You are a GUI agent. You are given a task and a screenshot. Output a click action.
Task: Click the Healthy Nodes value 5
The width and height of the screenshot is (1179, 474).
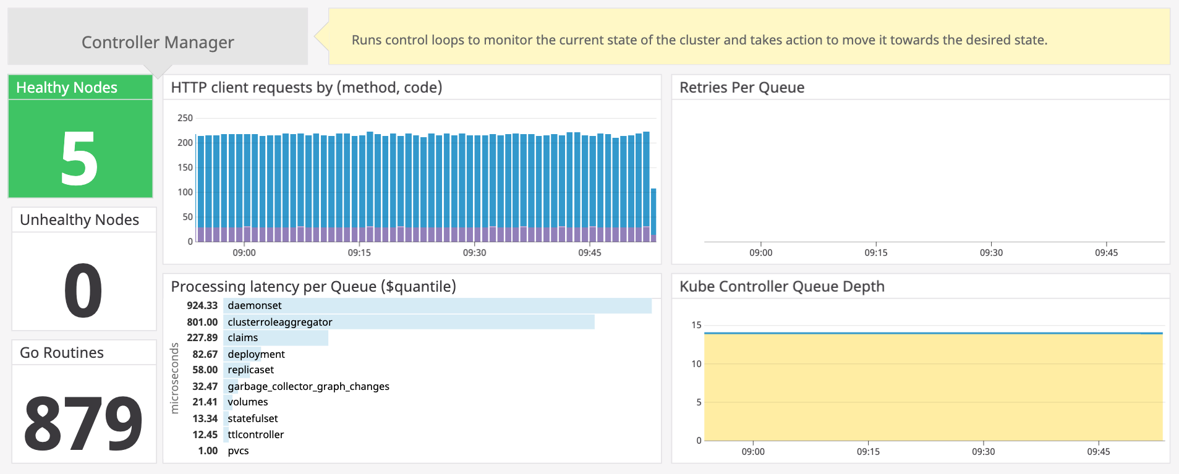point(79,159)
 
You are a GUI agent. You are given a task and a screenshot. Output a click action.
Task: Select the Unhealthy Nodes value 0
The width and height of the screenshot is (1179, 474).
point(83,290)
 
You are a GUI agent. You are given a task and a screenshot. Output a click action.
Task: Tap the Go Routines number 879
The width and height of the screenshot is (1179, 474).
point(83,423)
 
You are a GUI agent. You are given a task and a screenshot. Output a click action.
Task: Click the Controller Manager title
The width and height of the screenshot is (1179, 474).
point(158,42)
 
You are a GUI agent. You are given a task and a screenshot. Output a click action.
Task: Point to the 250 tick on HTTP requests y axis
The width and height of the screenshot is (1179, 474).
point(185,118)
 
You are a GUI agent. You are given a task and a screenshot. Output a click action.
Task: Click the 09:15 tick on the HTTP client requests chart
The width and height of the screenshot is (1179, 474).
point(359,253)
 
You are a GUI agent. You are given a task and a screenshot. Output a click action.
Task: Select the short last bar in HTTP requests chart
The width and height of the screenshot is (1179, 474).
point(653,213)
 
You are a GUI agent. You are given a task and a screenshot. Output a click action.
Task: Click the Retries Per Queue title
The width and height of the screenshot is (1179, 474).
point(741,88)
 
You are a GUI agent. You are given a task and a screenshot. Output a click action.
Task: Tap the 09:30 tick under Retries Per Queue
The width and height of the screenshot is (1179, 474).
point(991,253)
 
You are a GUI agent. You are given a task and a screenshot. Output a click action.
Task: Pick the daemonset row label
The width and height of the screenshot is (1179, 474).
point(254,305)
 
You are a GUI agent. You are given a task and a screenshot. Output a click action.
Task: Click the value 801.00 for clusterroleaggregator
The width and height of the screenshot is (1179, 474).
point(202,322)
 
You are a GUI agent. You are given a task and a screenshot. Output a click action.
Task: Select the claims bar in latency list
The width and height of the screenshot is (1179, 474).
point(276,338)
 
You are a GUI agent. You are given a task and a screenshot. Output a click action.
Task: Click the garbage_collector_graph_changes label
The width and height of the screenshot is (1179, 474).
point(308,386)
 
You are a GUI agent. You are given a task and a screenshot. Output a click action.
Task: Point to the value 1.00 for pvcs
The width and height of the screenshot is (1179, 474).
point(208,451)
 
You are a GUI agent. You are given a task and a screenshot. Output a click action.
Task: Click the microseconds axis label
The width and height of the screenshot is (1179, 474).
point(175,378)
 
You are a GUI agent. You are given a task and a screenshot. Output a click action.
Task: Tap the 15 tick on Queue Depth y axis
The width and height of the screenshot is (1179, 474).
point(696,325)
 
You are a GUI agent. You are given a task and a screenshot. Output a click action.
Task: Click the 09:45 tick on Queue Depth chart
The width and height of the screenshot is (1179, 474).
point(1098,452)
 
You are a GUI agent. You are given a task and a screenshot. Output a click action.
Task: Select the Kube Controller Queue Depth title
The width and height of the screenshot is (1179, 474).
point(781,287)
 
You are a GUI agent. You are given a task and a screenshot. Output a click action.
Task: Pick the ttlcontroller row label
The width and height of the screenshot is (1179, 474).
point(255,434)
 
